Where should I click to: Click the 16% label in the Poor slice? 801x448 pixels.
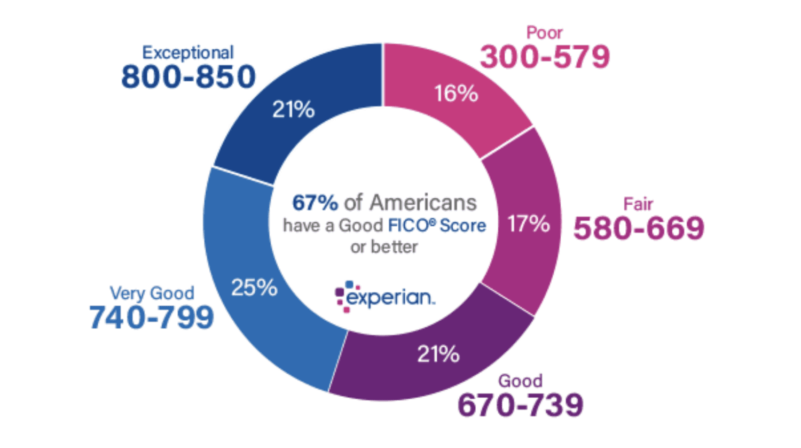[456, 94]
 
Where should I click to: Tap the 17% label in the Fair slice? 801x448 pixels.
[528, 224]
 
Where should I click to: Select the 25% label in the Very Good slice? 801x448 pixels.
[254, 288]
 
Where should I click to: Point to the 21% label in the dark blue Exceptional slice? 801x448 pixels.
[293, 110]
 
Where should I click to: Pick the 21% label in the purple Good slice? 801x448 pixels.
[438, 354]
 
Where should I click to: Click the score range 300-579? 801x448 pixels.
[545, 57]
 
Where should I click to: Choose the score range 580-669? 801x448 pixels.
[639, 228]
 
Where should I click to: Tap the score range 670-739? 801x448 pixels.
[521, 405]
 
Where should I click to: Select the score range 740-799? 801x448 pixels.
[152, 317]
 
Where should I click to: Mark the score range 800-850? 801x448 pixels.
[189, 76]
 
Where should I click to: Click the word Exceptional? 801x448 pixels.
[188, 52]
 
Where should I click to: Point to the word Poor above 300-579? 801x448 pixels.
[544, 33]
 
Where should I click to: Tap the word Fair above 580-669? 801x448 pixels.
[638, 204]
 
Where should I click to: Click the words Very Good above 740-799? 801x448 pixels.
[152, 293]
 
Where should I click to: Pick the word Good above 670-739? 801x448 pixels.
[520, 381]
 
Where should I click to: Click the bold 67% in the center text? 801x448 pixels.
[315, 203]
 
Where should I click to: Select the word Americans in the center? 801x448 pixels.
[423, 203]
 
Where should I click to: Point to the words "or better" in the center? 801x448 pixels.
[384, 247]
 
